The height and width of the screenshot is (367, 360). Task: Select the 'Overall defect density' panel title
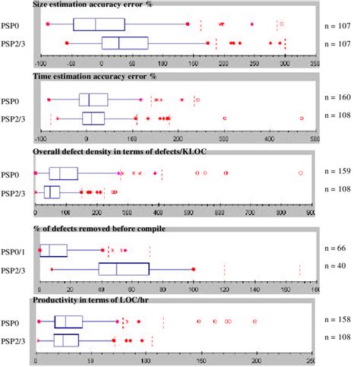coord(119,152)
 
